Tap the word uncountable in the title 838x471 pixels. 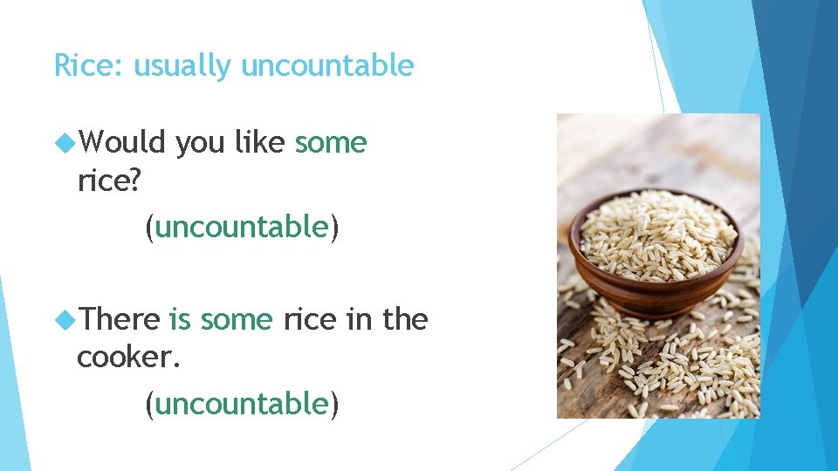327,65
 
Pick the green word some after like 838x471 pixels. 331,141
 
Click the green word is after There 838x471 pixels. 180,319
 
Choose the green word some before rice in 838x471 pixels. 237,319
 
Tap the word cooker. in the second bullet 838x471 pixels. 128,357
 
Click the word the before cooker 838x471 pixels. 405,319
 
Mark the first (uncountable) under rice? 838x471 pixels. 242,227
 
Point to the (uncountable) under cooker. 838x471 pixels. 242,404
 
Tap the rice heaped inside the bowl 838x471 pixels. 656,230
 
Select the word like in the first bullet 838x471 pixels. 259,141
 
